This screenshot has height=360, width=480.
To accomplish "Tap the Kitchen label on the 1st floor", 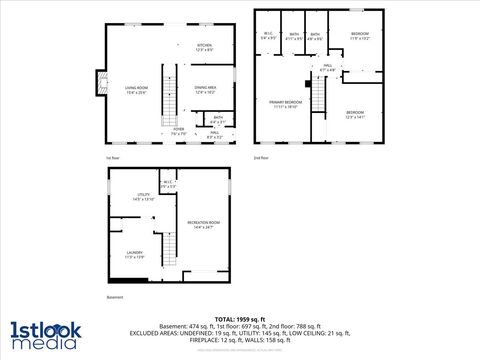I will (x=204, y=47).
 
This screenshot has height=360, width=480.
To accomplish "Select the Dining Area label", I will (x=205, y=90).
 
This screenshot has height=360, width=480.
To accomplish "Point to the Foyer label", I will (x=178, y=130).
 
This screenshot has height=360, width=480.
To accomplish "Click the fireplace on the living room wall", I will (x=100, y=84).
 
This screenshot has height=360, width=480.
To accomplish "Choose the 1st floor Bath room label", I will (x=204, y=120).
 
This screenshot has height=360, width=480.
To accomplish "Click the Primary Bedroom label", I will (x=285, y=104).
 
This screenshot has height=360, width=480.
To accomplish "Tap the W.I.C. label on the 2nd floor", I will (x=268, y=36).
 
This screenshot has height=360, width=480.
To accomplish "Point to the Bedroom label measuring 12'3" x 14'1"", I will (x=356, y=114).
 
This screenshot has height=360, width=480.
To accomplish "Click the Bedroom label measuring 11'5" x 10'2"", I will (x=359, y=37).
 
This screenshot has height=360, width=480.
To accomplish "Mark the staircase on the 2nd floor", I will (x=319, y=96).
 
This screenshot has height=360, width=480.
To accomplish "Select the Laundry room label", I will (x=135, y=255).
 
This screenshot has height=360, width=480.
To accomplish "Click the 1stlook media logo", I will (x=43, y=334).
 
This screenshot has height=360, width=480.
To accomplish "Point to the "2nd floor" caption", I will (x=261, y=158).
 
